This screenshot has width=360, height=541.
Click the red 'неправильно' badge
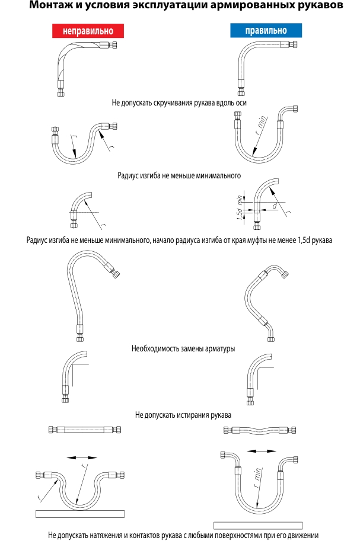[87, 31]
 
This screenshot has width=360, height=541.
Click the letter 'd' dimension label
[275, 206]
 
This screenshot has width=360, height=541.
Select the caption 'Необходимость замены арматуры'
[183, 348]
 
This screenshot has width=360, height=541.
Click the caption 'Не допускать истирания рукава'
[183, 414]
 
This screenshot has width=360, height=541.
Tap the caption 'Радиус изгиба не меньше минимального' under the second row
[179, 175]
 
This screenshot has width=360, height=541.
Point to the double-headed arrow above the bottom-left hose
[82, 457]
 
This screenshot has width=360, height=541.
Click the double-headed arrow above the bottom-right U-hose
[262, 451]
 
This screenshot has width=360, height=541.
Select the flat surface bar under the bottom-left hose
[79, 513]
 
